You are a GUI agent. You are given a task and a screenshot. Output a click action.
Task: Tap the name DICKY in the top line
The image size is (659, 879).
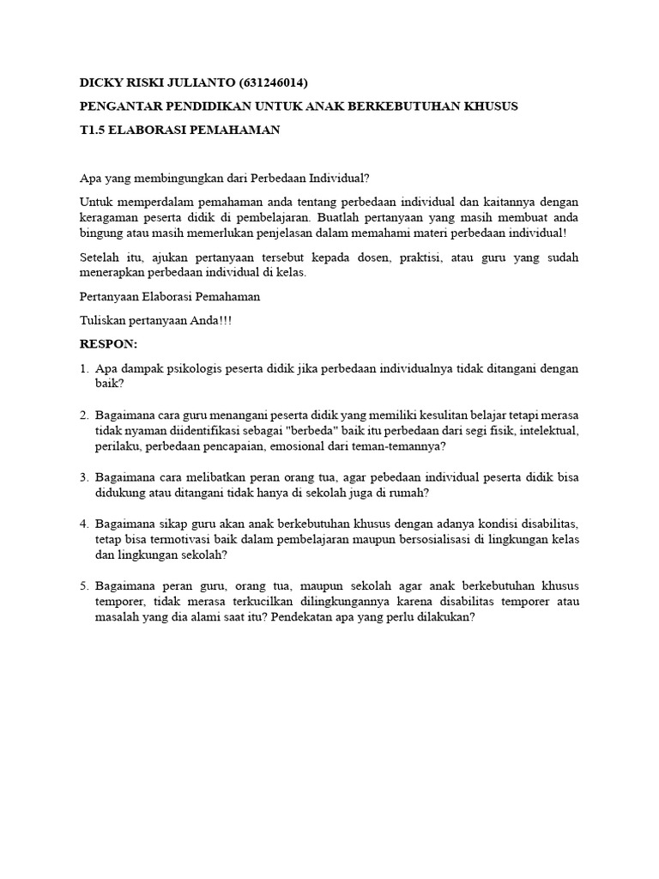point(100,82)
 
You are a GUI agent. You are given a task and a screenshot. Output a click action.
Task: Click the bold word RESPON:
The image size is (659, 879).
point(108,343)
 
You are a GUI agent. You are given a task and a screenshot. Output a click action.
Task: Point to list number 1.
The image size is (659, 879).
point(84,368)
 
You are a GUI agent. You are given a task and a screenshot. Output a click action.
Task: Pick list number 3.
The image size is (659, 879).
point(84,476)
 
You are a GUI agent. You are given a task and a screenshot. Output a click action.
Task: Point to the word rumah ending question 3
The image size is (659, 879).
point(407,493)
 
